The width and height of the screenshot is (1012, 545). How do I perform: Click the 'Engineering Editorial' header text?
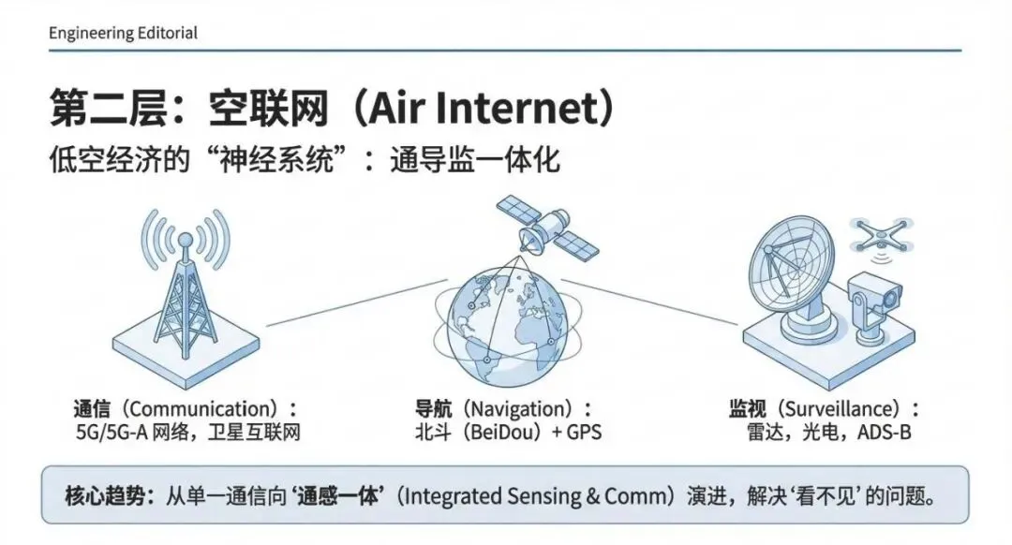[x=123, y=33]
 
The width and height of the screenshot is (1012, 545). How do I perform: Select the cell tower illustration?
[x=184, y=281]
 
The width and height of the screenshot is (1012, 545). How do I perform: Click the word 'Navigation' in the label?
[x=519, y=409]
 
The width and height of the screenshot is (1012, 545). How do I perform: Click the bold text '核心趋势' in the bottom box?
[x=101, y=495]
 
